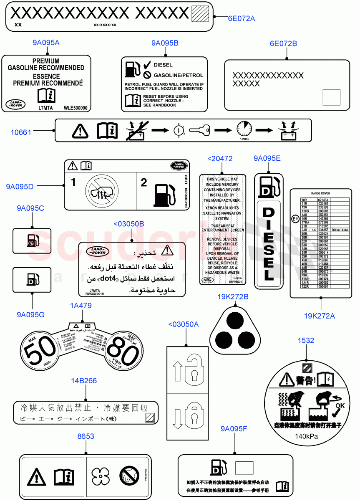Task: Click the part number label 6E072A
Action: pyautogui.click(x=241, y=18)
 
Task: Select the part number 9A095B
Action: pyautogui.click(x=165, y=43)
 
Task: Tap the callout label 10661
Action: pyautogui.click(x=21, y=132)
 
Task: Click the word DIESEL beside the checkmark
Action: pyautogui.click(x=163, y=65)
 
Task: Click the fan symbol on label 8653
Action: pyautogui.click(x=103, y=476)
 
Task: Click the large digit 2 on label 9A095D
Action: pyautogui.click(x=144, y=182)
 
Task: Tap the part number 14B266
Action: pyautogui.click(x=84, y=381)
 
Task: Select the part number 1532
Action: pyautogui.click(x=305, y=341)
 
